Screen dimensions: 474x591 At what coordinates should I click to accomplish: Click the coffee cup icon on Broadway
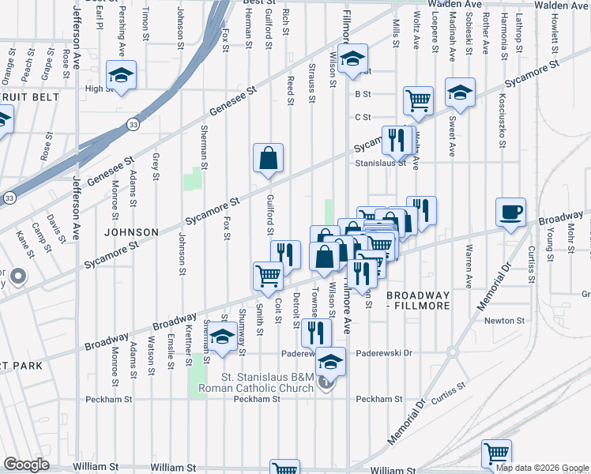[x=510, y=211]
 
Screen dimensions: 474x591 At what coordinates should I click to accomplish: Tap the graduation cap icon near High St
[x=122, y=75]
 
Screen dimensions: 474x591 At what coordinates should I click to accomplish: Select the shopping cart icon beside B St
[x=418, y=100]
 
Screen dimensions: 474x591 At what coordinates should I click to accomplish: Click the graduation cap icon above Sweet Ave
[x=460, y=92]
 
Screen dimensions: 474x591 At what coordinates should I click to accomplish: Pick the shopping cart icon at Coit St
[x=268, y=276]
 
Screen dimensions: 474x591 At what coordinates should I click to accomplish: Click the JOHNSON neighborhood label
[x=130, y=232]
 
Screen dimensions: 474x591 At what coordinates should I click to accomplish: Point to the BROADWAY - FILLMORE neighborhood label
[x=416, y=300]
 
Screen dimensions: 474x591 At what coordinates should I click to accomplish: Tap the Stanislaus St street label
[x=379, y=163]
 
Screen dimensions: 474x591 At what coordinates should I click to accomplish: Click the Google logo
[x=27, y=465]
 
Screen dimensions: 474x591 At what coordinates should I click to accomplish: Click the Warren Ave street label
[x=469, y=269]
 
